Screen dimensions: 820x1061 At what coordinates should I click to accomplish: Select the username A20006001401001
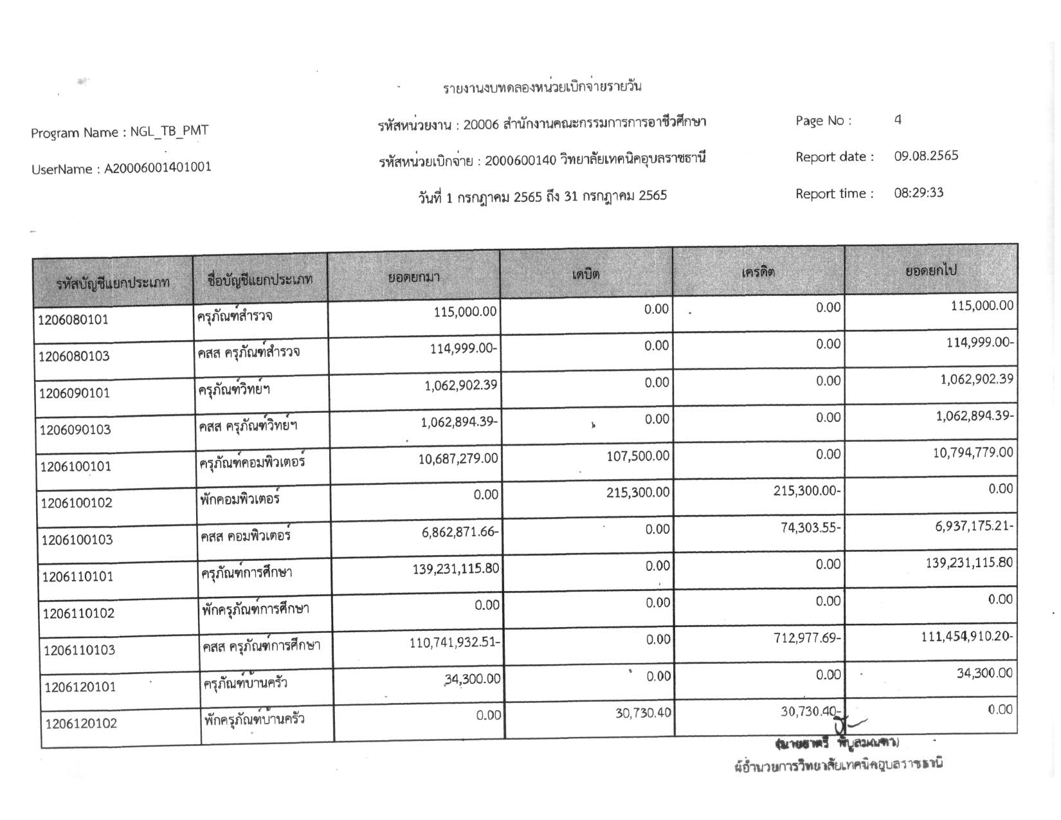[x=158, y=169]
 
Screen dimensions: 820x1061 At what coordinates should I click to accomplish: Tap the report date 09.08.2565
[x=926, y=156]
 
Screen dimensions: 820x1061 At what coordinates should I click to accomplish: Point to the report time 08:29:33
[x=918, y=193]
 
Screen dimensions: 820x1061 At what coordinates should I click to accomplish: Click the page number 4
[x=898, y=120]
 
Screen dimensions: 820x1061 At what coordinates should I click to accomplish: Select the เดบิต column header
[x=586, y=275]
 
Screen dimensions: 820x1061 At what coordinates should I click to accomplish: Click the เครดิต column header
[x=758, y=272]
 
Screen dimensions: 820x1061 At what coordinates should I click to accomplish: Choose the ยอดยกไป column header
[x=930, y=271]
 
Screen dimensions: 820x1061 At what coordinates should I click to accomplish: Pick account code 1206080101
[x=73, y=320]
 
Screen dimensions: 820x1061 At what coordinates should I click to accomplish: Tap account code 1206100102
[x=77, y=503]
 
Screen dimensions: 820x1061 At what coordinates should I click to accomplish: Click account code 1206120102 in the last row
[x=81, y=724]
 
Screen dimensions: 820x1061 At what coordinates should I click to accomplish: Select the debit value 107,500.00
[x=637, y=456]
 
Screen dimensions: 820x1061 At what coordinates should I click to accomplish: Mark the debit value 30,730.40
[x=643, y=713]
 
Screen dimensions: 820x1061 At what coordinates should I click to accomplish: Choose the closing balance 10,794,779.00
[x=973, y=453]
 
